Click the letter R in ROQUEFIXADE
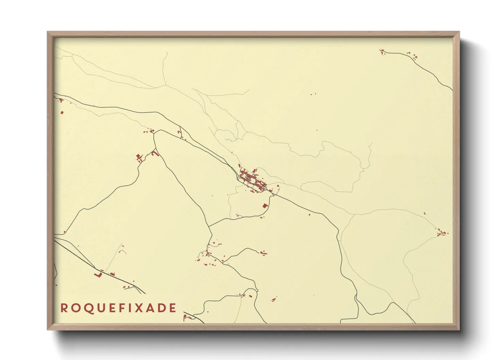point(63,308)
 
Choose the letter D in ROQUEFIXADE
point(162,308)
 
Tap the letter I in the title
point(131,308)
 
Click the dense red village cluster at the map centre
point(252,179)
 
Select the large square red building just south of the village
point(265,206)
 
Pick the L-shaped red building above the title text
point(98,274)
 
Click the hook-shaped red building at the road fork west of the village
point(155,154)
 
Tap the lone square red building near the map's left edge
point(62,112)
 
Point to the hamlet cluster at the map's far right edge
point(442,233)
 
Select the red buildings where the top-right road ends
point(382,51)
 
